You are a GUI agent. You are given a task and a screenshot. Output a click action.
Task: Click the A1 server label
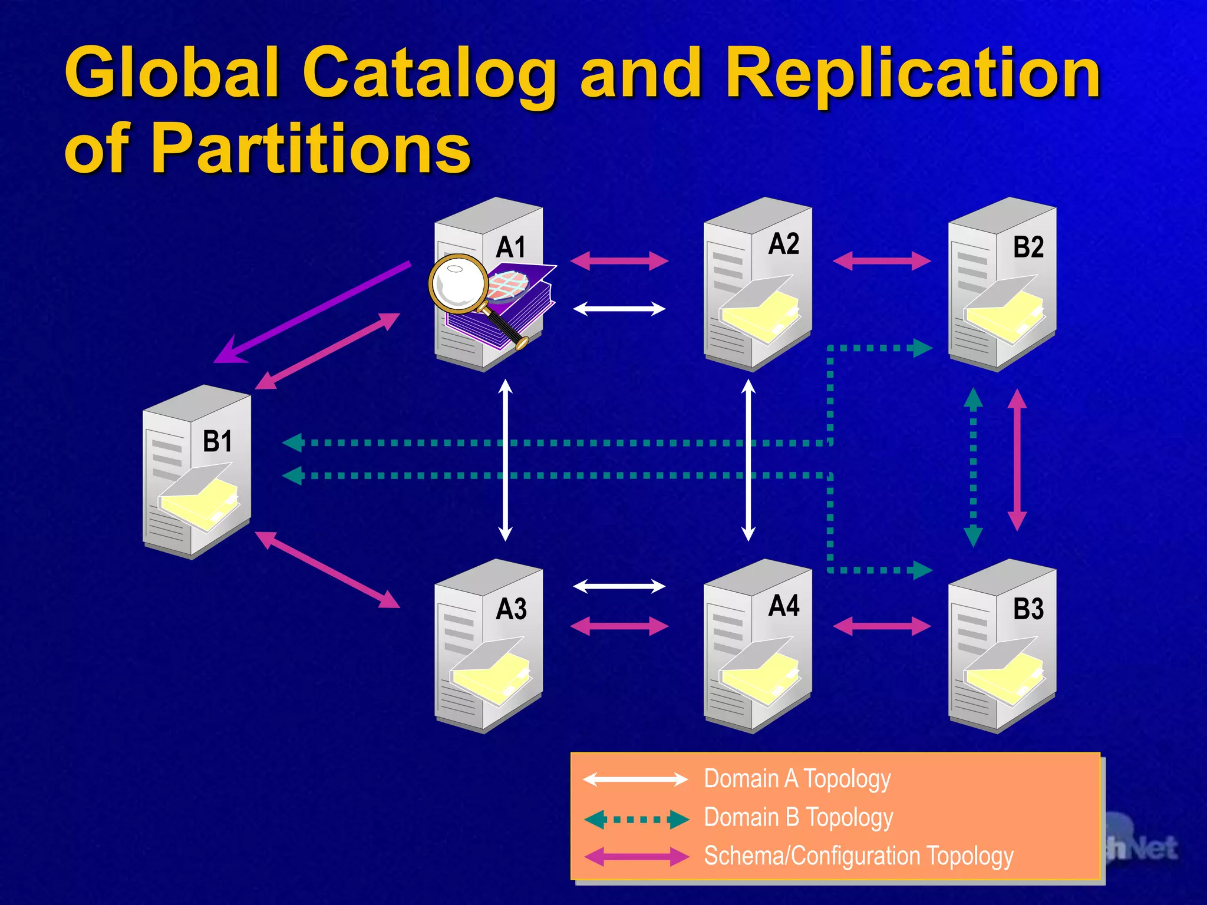(x=510, y=247)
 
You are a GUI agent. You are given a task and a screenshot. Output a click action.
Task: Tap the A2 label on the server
(x=784, y=244)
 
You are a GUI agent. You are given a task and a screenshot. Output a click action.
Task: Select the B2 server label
(x=1028, y=247)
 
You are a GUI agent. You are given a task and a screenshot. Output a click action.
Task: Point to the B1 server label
(x=217, y=441)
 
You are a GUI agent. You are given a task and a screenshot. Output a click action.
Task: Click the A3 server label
(x=511, y=609)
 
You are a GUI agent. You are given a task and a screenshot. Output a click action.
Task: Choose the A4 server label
(x=784, y=606)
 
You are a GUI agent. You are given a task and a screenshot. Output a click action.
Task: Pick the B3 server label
(x=1028, y=609)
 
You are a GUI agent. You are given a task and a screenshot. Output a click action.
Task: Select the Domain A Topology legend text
(x=797, y=779)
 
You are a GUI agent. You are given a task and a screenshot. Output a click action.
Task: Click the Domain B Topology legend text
(x=799, y=818)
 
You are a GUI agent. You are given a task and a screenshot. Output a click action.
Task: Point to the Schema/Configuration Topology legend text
(x=859, y=856)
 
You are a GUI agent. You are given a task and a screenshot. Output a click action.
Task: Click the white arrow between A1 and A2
(x=619, y=309)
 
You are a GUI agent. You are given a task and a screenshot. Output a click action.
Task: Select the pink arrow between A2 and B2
(x=882, y=260)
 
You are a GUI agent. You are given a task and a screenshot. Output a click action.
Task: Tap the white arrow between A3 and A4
(x=619, y=586)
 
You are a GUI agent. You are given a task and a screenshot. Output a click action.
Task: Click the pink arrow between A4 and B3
(x=882, y=626)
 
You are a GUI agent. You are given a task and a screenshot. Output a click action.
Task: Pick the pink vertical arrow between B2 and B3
(x=1017, y=460)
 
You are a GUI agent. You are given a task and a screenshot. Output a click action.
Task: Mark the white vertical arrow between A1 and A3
(x=505, y=460)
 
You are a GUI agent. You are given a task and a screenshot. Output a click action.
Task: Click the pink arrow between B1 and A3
(x=328, y=569)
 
